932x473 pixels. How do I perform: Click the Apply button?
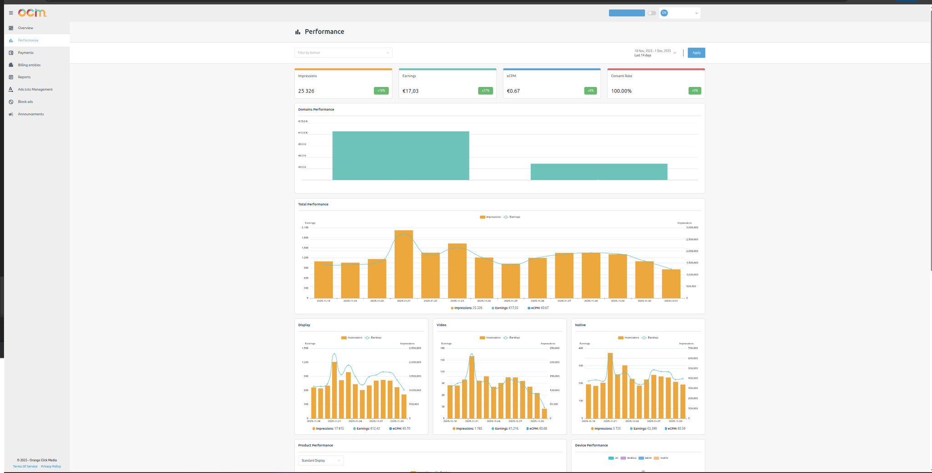click(x=696, y=53)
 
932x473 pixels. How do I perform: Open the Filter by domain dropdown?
click(x=343, y=53)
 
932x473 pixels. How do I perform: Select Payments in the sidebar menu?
click(x=25, y=53)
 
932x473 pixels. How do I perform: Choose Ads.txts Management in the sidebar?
click(x=35, y=89)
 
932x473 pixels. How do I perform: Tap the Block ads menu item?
click(x=25, y=102)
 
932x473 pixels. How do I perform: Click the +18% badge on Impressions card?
click(x=381, y=91)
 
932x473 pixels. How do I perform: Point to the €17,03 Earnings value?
click(x=410, y=91)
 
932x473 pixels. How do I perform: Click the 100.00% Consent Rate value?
click(x=621, y=91)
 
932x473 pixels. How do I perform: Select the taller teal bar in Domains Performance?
click(x=400, y=156)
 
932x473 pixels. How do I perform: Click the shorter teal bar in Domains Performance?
click(x=599, y=172)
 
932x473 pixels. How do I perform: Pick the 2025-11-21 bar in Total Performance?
click(x=404, y=264)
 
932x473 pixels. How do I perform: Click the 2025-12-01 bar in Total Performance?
click(x=671, y=284)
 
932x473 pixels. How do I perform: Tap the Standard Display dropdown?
click(x=321, y=460)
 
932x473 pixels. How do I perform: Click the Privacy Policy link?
click(x=51, y=466)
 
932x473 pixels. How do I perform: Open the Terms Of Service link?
click(x=25, y=466)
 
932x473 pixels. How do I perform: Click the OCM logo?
click(x=32, y=13)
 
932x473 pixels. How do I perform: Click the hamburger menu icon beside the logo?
click(x=11, y=13)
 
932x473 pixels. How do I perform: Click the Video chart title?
click(x=441, y=325)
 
